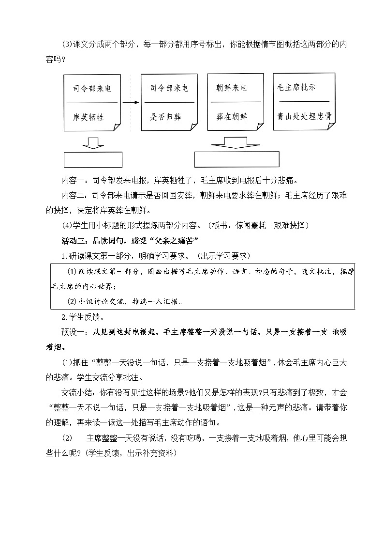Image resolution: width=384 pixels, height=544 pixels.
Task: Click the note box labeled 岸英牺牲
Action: coord(92,103)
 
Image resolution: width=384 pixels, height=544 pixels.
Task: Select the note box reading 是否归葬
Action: coord(169,103)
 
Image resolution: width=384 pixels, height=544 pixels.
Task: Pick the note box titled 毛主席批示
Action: coord(304,101)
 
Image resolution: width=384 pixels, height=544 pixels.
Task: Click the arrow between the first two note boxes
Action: coord(131,103)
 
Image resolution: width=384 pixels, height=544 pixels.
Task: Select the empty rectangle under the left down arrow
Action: coord(93,159)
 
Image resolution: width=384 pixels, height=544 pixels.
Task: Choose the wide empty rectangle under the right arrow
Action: coord(236,159)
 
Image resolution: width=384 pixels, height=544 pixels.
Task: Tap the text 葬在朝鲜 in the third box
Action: coord(232,117)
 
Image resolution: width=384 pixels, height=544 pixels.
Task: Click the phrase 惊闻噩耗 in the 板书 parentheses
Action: coord(252,226)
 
